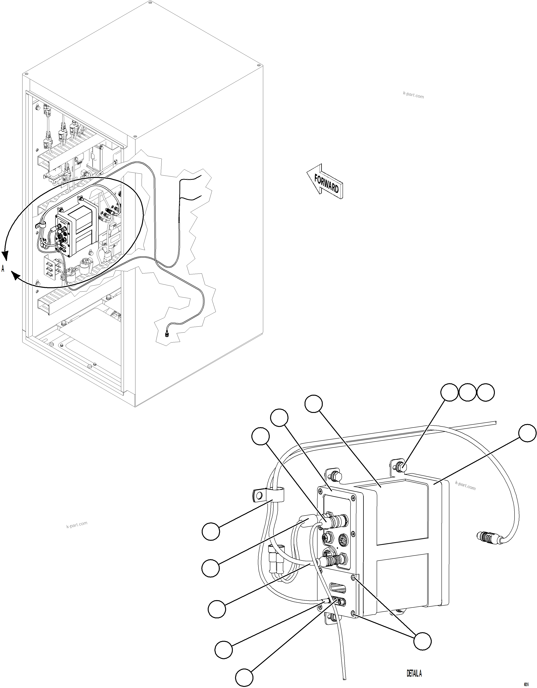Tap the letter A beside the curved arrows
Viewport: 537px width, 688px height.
pos(3,269)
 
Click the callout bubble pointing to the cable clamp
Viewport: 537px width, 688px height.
pos(211,531)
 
